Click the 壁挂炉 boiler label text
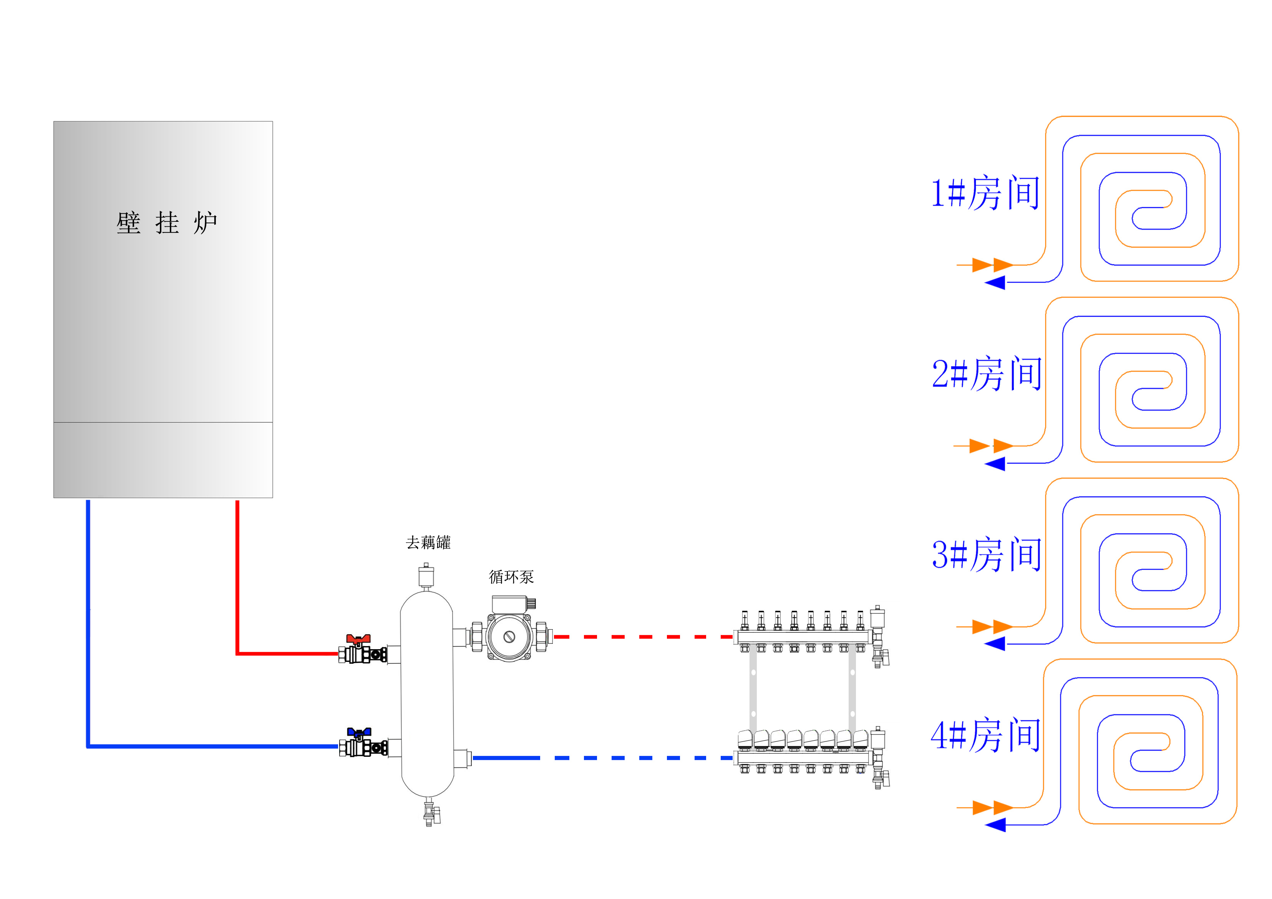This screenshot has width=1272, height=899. pyautogui.click(x=166, y=223)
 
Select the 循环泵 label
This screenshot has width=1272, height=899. pyautogui.click(x=511, y=577)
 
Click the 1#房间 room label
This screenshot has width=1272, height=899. pyautogui.click(x=985, y=193)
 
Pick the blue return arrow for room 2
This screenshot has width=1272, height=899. pyautogui.click(x=995, y=464)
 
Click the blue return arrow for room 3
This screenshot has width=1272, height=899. pyautogui.click(x=995, y=644)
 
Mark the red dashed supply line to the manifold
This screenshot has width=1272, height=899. pyautogui.click(x=643, y=637)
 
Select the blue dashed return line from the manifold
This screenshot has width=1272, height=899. pyautogui.click(x=643, y=758)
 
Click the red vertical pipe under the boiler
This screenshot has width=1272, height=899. pyautogui.click(x=237, y=577)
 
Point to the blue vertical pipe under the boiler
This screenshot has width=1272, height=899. pyautogui.click(x=88, y=621)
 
